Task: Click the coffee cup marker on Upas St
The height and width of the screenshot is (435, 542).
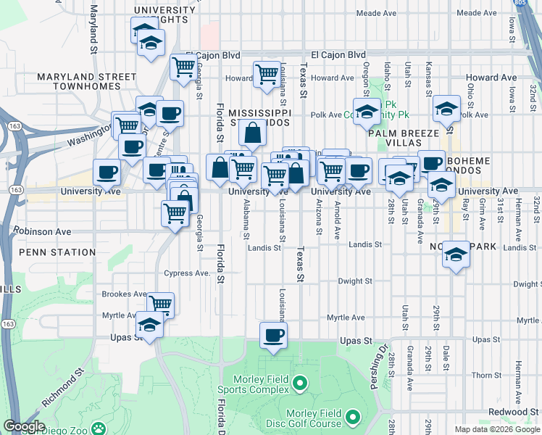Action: coord(273,336)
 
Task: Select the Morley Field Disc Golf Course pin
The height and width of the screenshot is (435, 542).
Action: coord(353,418)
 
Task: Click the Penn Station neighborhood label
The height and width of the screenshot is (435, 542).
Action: coord(57,252)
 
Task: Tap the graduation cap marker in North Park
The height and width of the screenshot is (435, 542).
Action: coord(456,255)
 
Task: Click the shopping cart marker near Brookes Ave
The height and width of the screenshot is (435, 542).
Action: coord(160,304)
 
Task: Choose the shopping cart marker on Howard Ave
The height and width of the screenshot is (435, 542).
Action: coord(267,73)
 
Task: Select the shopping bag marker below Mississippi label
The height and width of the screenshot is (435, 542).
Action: coord(253,133)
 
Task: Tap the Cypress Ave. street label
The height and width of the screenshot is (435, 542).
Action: coord(187,273)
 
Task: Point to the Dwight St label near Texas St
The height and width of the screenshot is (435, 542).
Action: coord(355,281)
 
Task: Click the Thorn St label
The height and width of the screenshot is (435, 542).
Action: coord(482,376)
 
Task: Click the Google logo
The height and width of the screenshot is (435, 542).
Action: coord(25,427)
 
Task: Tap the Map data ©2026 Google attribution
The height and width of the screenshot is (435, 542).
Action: coord(497,429)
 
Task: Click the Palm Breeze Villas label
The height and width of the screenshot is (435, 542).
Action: coord(404,133)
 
